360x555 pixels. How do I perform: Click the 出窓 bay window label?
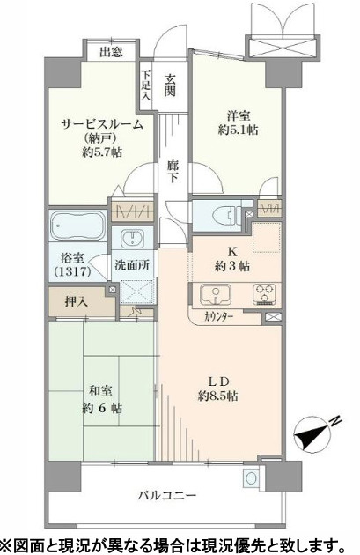click(111, 52)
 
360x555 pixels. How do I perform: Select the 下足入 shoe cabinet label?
click(146, 85)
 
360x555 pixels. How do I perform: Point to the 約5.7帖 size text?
click(102, 152)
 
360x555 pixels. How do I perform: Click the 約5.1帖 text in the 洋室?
click(238, 129)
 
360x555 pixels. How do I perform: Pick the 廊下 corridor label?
click(173, 171)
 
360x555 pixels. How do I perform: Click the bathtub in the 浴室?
click(77, 226)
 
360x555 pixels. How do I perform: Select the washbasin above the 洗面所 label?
click(132, 239)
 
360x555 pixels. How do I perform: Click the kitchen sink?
click(215, 295)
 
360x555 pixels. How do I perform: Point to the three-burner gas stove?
click(265, 294)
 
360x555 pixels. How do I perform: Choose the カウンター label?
click(218, 317)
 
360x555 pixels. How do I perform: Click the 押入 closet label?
click(76, 302)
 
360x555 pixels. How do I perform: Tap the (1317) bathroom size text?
click(73, 272)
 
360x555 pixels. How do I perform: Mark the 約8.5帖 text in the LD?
click(217, 396)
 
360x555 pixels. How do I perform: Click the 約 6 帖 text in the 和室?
click(102, 409)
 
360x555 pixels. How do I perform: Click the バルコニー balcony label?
click(166, 495)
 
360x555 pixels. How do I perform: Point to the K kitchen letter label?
click(232, 252)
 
